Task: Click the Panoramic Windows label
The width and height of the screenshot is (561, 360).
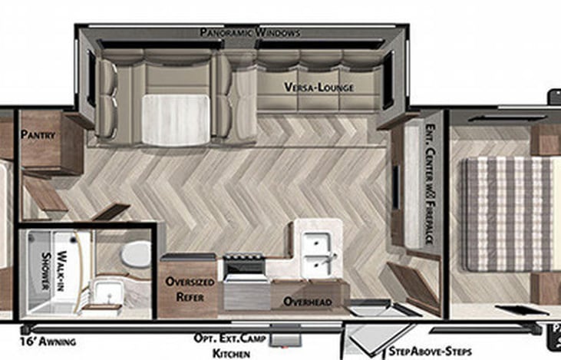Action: (x=249, y=33)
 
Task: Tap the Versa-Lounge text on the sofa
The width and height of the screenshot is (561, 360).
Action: (x=319, y=88)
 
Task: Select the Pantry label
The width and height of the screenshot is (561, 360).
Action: (x=38, y=134)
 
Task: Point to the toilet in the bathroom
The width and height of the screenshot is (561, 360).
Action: (x=137, y=253)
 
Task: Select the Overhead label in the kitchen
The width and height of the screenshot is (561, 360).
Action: (x=308, y=302)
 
